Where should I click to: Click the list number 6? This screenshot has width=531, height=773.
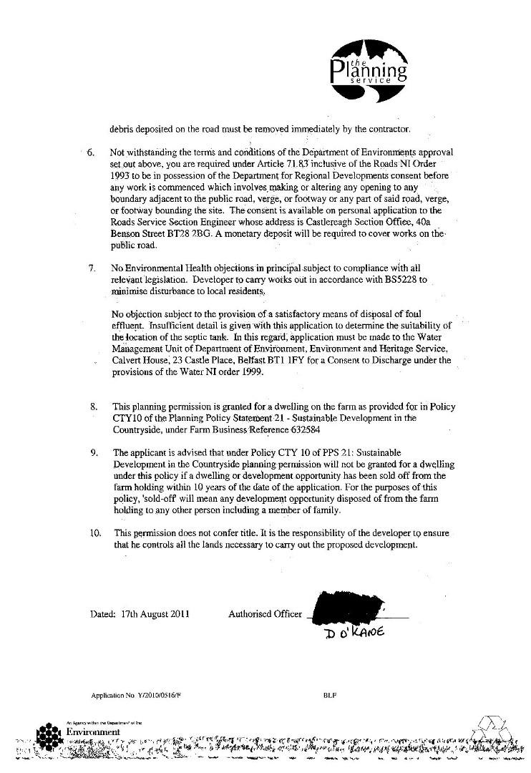(x=91, y=152)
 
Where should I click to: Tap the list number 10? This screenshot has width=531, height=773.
(x=94, y=533)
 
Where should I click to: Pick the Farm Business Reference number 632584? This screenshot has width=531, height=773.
(x=329, y=430)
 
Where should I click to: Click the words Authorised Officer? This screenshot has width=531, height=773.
(x=265, y=613)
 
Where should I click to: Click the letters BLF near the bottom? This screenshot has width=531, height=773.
(x=330, y=695)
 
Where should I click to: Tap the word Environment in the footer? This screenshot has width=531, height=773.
(x=92, y=732)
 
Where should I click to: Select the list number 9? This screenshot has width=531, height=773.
(x=94, y=453)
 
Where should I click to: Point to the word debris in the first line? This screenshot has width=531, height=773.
(x=123, y=130)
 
